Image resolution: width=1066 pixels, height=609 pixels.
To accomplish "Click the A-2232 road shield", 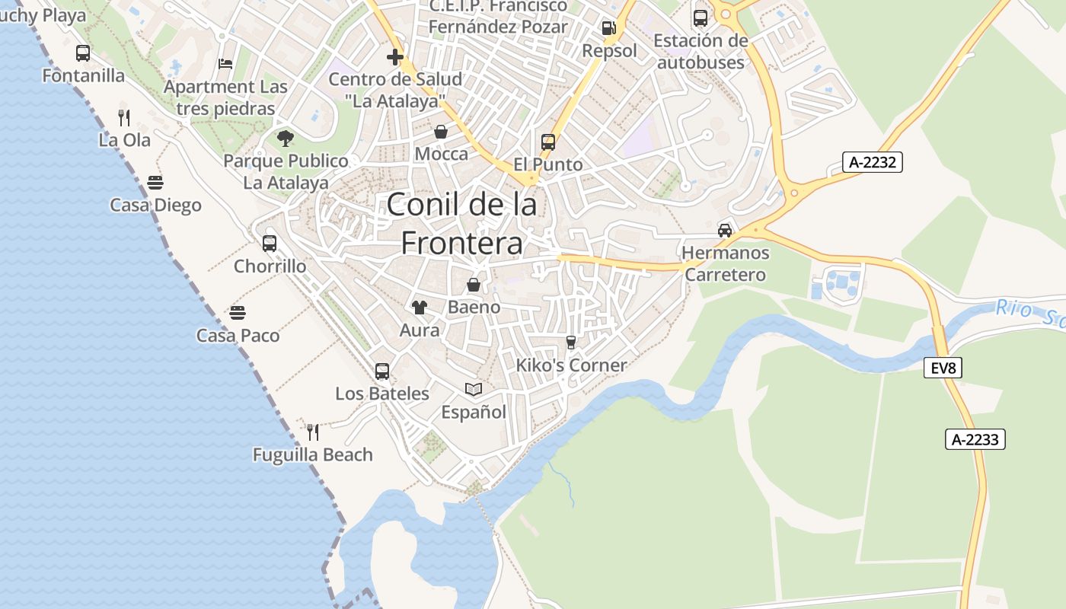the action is [x=872, y=162].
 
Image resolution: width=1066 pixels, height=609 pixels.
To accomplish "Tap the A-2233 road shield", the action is [x=975, y=439].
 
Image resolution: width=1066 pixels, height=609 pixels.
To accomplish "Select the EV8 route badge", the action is [x=943, y=368].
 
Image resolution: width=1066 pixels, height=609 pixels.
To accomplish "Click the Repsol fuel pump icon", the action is [x=608, y=28].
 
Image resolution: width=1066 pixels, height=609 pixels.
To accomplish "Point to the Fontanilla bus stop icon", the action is [x=83, y=53].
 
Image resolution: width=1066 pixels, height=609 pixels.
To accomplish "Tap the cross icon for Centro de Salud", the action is [x=394, y=57].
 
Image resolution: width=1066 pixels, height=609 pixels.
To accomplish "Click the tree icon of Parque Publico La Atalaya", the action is [x=286, y=139].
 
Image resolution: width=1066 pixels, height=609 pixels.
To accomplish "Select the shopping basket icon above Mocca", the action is [x=441, y=132].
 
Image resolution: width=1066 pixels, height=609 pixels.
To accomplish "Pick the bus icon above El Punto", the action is [x=547, y=142].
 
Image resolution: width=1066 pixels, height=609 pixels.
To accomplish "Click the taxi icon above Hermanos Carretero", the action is [x=724, y=230].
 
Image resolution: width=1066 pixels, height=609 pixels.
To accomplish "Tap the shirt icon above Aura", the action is [x=419, y=308].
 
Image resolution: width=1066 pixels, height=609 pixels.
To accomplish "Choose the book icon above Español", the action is [x=474, y=390].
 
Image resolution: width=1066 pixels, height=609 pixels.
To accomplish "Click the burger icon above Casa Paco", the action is [x=238, y=313].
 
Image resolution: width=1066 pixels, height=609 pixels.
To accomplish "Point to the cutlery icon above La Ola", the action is [x=124, y=117].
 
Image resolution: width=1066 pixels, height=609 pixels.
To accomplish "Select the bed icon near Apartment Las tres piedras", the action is [x=225, y=63].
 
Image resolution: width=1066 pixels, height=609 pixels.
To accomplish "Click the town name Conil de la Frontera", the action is [x=461, y=223].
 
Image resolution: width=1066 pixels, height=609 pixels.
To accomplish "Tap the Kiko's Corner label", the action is [x=571, y=365].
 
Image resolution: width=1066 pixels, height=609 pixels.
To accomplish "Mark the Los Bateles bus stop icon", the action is [x=382, y=371].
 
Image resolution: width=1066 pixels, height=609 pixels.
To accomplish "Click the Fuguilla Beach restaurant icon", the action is [x=313, y=432].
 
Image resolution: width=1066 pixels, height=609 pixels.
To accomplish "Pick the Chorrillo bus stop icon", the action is [x=270, y=244].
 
